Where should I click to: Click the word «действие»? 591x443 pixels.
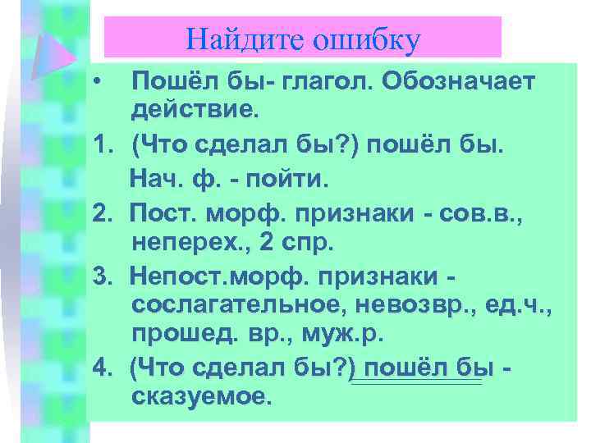pos(194,107)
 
